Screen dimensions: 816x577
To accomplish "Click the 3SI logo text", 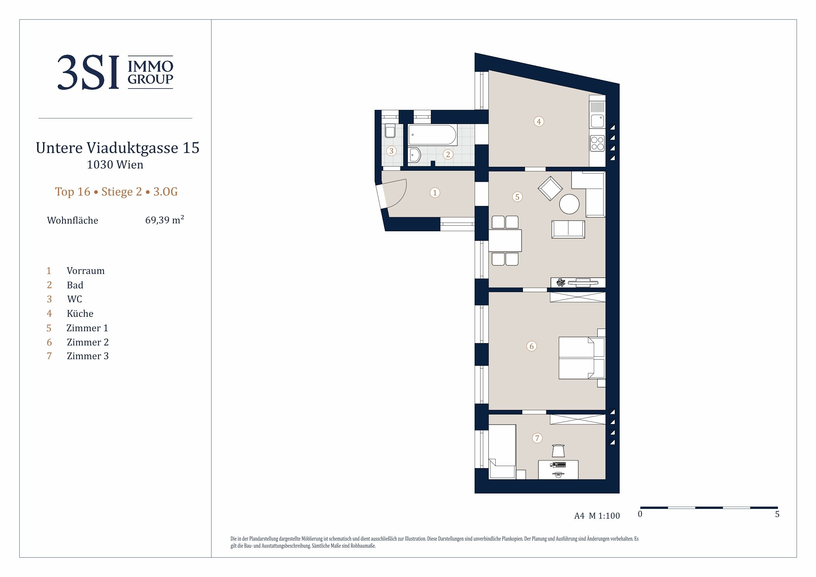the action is (x=88, y=72).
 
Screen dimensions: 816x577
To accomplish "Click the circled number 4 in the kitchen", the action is (x=539, y=122).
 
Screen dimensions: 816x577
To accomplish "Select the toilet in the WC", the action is (x=390, y=131).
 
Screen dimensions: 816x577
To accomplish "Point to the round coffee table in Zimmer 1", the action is (x=569, y=204).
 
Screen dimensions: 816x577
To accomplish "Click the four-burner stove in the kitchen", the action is (x=597, y=143).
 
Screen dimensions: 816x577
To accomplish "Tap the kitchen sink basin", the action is (x=597, y=121).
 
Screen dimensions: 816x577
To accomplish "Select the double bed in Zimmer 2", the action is (x=582, y=358).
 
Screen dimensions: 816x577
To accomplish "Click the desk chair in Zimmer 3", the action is (x=558, y=450).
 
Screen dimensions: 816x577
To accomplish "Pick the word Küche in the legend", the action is (x=80, y=314).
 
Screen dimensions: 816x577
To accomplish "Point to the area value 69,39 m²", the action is (x=164, y=220).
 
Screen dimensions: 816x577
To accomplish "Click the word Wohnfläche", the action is (x=72, y=220).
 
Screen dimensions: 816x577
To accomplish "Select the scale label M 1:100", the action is (x=604, y=516).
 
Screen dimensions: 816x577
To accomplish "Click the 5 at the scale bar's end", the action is (x=777, y=514).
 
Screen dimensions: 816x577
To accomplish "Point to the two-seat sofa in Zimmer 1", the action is (x=568, y=229).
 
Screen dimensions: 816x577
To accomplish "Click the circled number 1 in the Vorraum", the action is (x=435, y=193).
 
